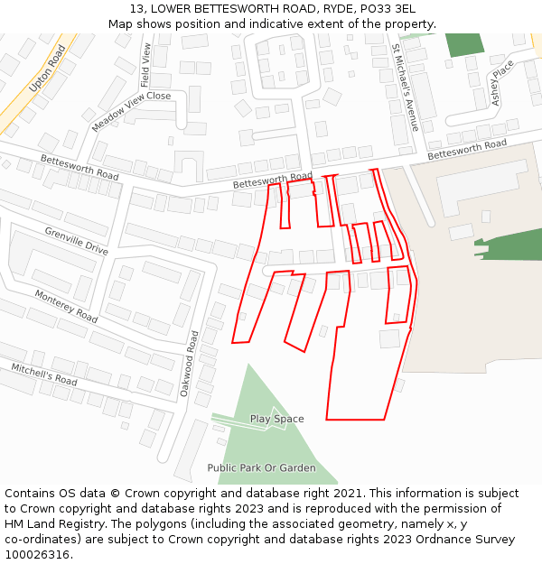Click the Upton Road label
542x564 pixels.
tap(48, 68)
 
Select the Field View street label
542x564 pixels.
tap(147, 65)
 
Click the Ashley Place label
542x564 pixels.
tap(502, 83)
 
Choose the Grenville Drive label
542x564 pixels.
tap(76, 241)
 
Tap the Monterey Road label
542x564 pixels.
tap(66, 307)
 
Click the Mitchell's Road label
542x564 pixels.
tap(44, 374)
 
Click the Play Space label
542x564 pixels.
tap(276, 419)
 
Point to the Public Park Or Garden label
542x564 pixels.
tap(261, 467)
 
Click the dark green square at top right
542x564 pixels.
tap(464, 45)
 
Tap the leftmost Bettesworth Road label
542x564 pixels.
tap(79, 166)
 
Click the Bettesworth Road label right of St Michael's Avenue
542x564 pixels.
tap(467, 150)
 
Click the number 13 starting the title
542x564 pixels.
tap(136, 9)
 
